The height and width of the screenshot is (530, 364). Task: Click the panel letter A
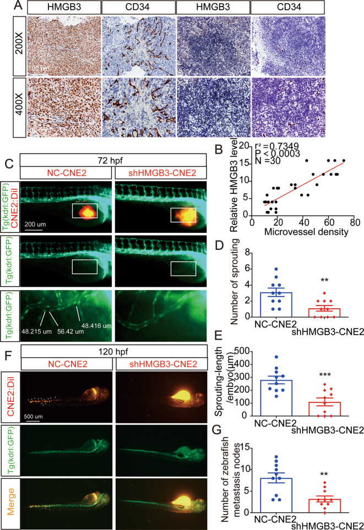7,7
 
